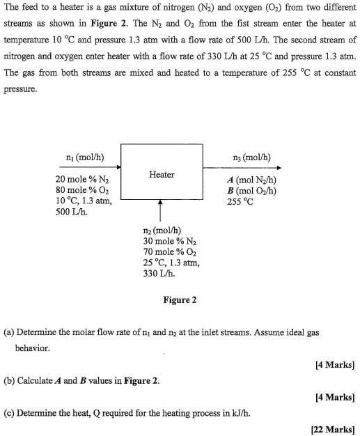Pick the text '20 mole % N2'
[x=81, y=179]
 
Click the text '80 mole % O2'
[x=81, y=190]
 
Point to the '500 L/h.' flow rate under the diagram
[x=72, y=212]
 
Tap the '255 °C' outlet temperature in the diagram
[x=241, y=202]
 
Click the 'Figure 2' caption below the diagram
[x=180, y=300]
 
